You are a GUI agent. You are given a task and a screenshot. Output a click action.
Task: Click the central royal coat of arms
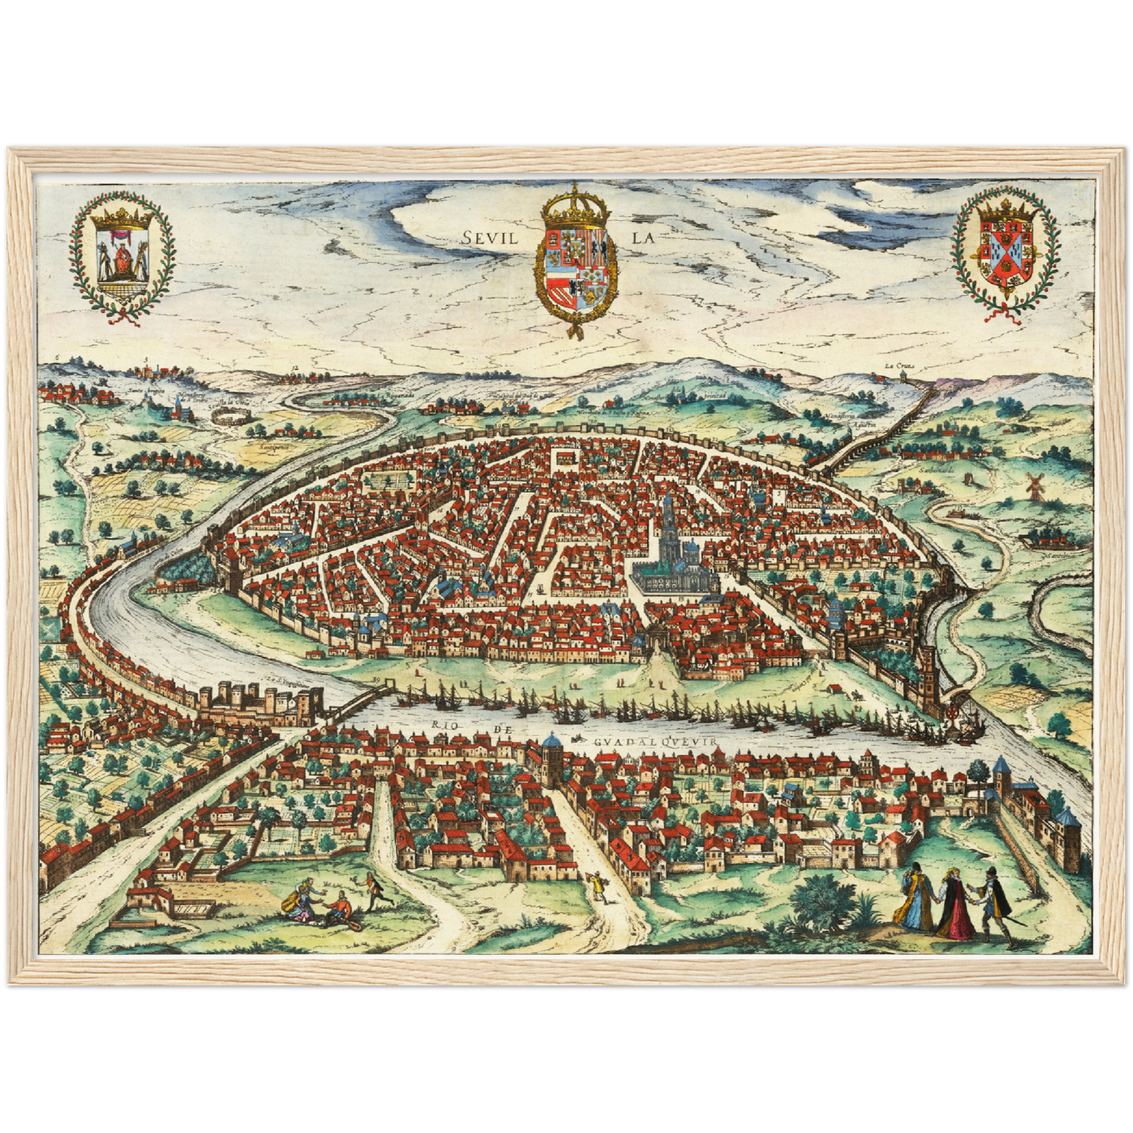point(575,263)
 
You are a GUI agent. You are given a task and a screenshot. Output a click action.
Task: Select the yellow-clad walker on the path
point(598,887)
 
